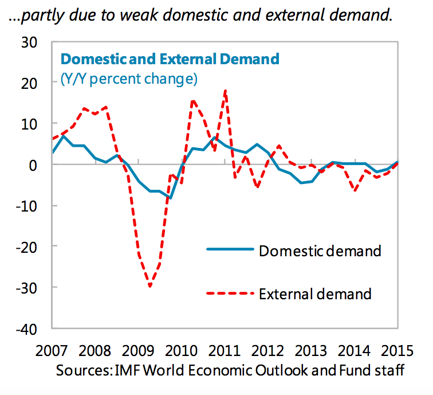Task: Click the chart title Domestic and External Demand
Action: [170, 59]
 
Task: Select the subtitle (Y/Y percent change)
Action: [129, 79]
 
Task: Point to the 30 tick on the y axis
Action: [28, 42]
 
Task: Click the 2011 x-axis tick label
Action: [225, 350]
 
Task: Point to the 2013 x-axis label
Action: [311, 350]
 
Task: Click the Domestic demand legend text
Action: [320, 251]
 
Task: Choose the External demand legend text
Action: [315, 294]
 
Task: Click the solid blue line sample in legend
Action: [229, 249]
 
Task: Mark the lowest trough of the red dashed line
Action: [150, 286]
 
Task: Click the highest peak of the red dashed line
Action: [225, 91]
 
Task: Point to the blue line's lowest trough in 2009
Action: [170, 197]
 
